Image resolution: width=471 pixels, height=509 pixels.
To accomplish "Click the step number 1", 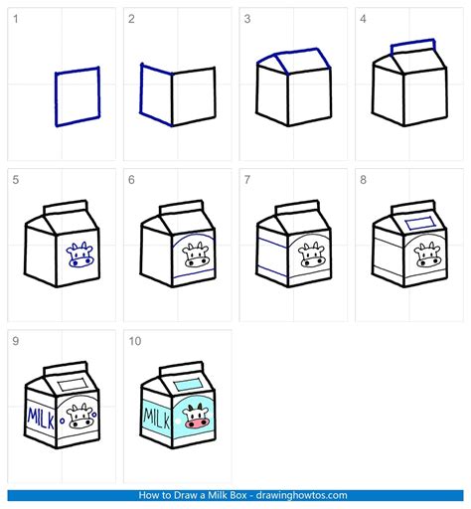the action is point(16,19).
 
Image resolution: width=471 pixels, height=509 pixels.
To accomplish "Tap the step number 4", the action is point(363,19).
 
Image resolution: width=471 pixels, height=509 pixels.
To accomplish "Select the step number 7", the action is point(247,180).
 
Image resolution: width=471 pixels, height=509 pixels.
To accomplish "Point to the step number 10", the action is point(135,341).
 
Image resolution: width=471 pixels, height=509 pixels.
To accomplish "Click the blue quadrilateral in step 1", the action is point(56,99).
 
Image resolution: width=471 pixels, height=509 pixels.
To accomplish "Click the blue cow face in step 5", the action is point(79,254).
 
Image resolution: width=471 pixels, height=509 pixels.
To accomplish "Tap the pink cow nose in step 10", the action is point(197,423).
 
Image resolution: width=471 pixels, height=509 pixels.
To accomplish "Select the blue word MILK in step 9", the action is point(41,419).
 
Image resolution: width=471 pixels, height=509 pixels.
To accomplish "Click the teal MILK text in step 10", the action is point(156,419).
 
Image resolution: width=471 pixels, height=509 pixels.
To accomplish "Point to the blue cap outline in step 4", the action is point(412,42).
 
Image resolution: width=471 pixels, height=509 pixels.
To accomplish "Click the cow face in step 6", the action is point(196,254).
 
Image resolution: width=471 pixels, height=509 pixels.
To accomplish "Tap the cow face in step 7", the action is point(312,254).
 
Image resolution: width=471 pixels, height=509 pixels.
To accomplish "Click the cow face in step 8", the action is point(427,254).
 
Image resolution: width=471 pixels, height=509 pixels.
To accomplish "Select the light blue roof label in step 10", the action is point(188,385).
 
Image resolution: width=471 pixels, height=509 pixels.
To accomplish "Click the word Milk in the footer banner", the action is point(218,495).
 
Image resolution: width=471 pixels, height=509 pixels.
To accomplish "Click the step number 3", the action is point(247,19).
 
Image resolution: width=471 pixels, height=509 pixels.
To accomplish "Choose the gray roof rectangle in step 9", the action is point(73,385).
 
